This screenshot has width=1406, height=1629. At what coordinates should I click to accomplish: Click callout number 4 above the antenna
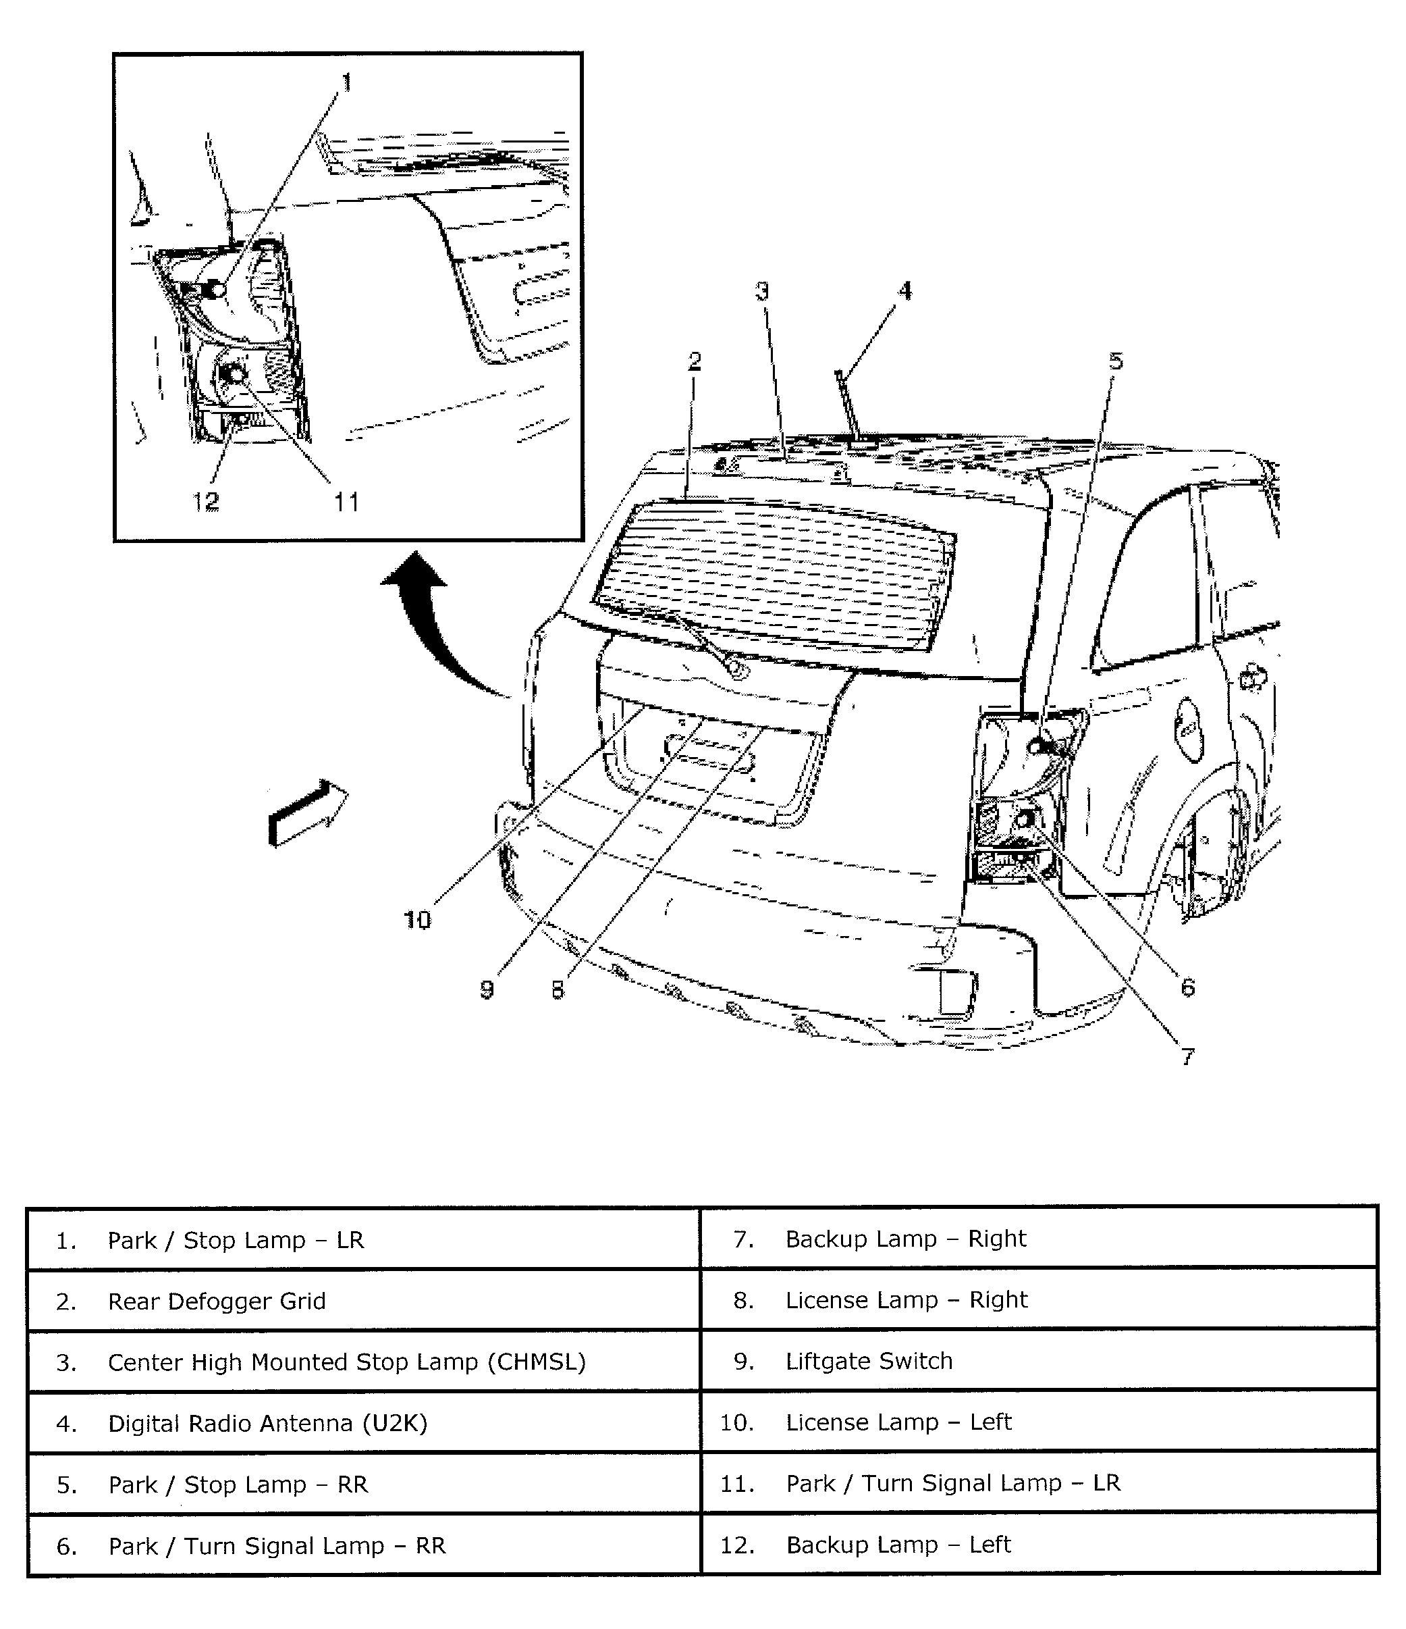tap(905, 291)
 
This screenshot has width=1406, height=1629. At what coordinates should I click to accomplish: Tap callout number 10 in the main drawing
tap(417, 919)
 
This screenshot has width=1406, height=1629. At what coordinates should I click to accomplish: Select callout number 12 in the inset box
tap(206, 501)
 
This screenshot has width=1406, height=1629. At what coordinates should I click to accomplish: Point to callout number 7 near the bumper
tap(1187, 1056)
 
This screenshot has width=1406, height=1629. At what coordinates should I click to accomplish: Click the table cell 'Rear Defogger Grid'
tap(216, 1301)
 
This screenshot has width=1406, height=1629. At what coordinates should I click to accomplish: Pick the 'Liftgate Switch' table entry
tap(869, 1361)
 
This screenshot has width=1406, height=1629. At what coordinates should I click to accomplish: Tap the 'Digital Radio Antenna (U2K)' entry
tap(267, 1423)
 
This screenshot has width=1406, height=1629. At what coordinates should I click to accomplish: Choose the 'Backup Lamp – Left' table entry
tap(898, 1544)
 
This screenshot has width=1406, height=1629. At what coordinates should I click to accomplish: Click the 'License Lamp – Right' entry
tap(906, 1299)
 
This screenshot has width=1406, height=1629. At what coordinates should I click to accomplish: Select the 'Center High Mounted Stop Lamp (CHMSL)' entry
tap(346, 1362)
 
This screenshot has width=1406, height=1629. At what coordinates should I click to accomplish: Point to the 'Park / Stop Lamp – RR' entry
tap(238, 1484)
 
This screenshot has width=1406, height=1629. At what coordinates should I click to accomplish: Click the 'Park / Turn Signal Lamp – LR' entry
tap(952, 1482)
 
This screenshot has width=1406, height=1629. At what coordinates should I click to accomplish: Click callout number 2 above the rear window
tap(694, 361)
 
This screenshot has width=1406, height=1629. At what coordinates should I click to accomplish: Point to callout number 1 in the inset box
tap(346, 82)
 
